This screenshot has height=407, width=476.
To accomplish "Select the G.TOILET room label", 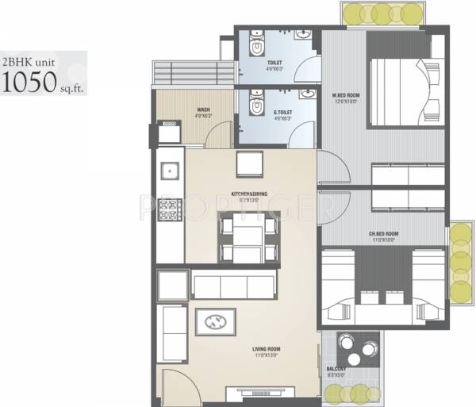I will [x=282, y=113].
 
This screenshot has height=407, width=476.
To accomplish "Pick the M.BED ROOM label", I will [x=346, y=96].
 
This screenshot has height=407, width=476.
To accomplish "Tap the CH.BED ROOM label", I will [x=383, y=234].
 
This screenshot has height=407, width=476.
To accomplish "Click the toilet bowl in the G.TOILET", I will [x=255, y=106].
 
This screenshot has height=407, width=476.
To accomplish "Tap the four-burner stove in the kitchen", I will [x=169, y=209].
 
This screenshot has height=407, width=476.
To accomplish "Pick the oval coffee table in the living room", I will [x=214, y=321].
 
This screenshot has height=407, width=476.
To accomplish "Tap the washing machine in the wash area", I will [x=168, y=132].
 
